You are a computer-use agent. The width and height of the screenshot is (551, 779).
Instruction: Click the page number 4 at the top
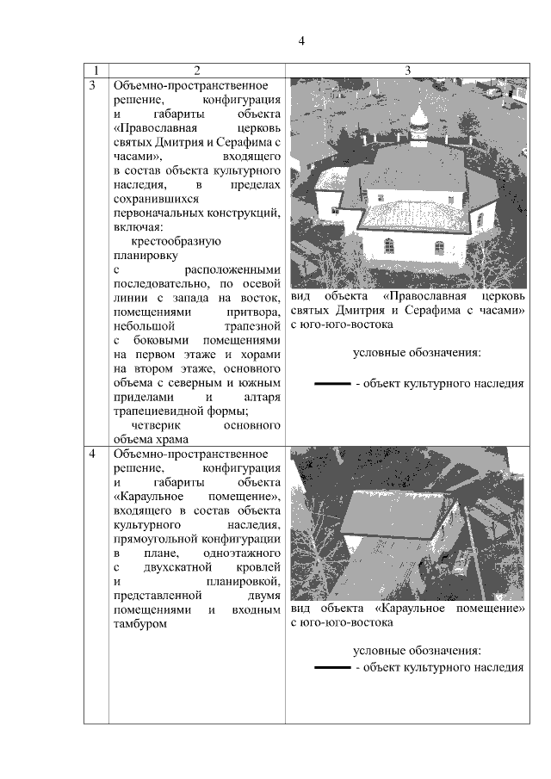click(x=301, y=40)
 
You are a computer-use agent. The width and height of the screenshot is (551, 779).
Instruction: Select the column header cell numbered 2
click(x=197, y=70)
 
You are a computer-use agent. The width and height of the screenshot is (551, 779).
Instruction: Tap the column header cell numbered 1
click(x=96, y=70)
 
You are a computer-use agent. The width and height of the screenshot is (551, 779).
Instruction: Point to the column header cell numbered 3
click(x=407, y=70)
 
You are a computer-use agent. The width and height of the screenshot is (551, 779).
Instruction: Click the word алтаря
click(x=263, y=396)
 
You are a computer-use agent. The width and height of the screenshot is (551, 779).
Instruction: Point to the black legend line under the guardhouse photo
click(x=332, y=666)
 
